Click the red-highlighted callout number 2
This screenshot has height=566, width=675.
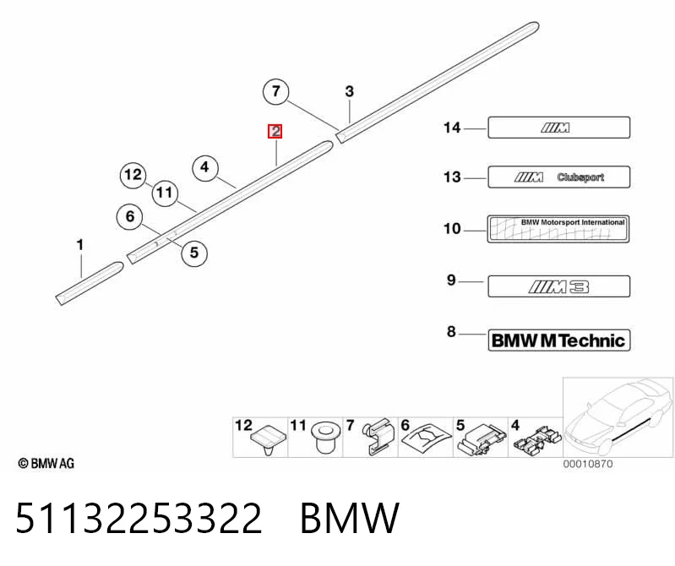pyautogui.click(x=275, y=131)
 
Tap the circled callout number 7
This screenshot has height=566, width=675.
pyautogui.click(x=276, y=91)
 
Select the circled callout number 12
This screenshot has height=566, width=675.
pyautogui.click(x=133, y=175)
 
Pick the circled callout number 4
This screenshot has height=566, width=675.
pyautogui.click(x=204, y=167)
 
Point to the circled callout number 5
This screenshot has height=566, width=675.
pyautogui.click(x=194, y=253)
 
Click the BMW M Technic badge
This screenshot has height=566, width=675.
pyautogui.click(x=558, y=340)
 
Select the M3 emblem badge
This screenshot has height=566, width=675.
pyautogui.click(x=558, y=286)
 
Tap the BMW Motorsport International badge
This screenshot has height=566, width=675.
pyautogui.click(x=558, y=229)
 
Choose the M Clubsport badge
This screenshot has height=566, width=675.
pyautogui.click(x=558, y=177)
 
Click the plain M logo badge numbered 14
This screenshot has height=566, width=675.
pyautogui.click(x=558, y=128)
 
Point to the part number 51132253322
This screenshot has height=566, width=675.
pyautogui.click(x=139, y=517)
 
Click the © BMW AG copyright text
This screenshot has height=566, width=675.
pyautogui.click(x=46, y=463)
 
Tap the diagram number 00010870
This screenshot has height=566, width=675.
pyautogui.click(x=588, y=464)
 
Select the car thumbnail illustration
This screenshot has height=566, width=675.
pyautogui.click(x=618, y=417)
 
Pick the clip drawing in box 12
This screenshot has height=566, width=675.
pyautogui.click(x=267, y=439)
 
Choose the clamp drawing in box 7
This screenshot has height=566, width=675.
pyautogui.click(x=378, y=436)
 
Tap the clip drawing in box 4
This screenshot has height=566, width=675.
pyautogui.click(x=536, y=440)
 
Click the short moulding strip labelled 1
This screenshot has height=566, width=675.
pyautogui.click(x=90, y=283)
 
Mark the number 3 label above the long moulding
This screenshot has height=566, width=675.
pyautogui.click(x=350, y=91)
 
